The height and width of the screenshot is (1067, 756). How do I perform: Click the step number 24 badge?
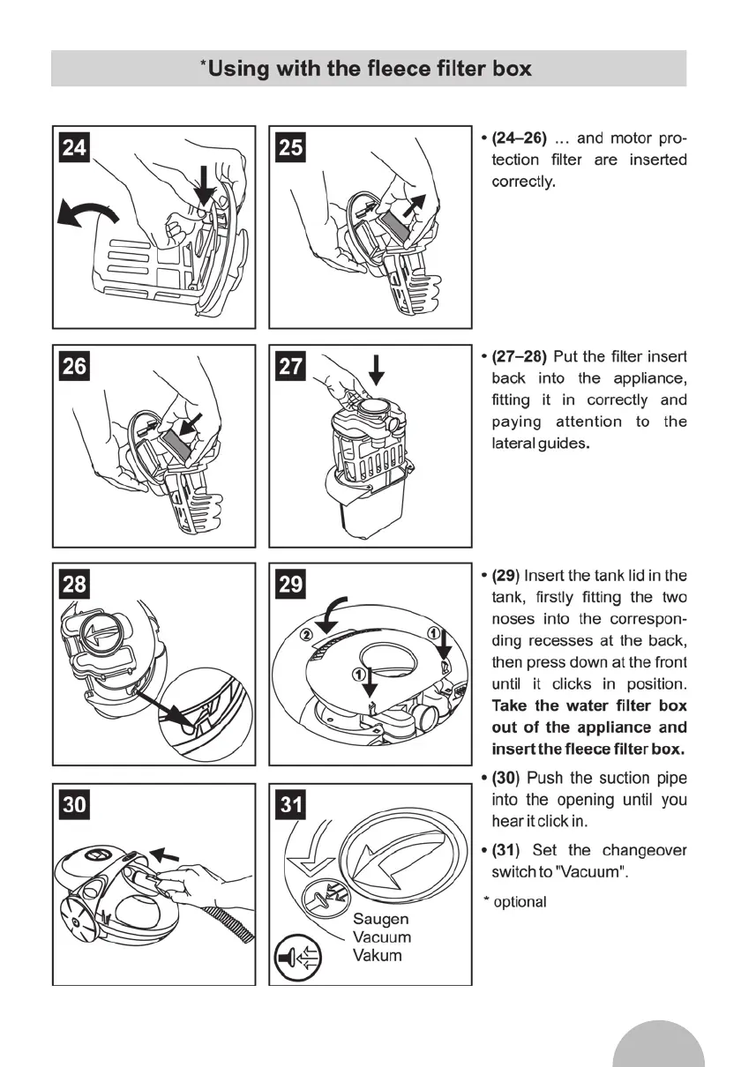(74, 147)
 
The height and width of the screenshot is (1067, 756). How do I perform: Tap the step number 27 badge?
(290, 366)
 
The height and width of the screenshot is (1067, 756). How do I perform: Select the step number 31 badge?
(290, 805)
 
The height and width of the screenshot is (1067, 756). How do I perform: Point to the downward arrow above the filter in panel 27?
(377, 369)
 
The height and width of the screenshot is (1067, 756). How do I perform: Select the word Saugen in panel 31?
(380, 918)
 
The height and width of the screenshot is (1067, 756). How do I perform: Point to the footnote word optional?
(520, 902)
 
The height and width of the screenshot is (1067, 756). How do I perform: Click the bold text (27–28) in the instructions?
(520, 357)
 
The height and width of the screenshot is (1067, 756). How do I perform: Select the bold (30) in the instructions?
(508, 779)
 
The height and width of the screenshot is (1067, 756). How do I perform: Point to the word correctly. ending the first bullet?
(523, 183)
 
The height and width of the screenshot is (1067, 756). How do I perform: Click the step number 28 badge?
(74, 585)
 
